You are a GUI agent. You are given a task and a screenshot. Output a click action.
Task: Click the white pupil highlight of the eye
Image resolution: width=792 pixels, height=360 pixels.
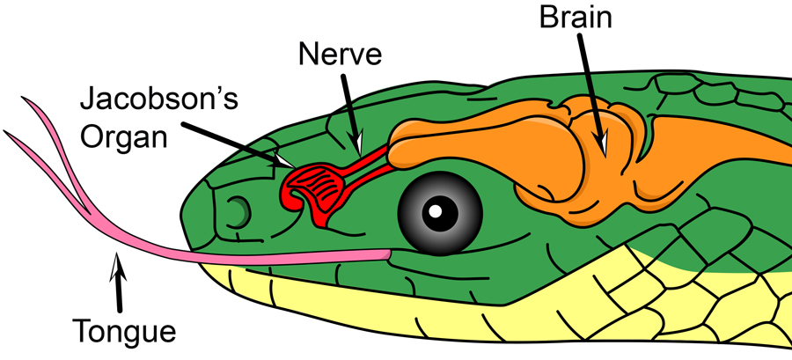pos(437,210)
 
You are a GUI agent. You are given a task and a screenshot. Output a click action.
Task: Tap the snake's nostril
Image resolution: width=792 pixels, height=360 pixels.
pos(237,210)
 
